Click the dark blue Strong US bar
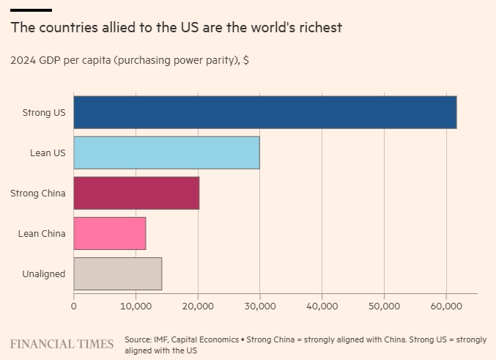coord(265,112)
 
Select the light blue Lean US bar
coord(166,153)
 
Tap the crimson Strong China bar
coord(136,193)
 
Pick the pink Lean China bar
coord(110,233)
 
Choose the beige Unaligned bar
coord(118,273)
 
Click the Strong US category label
coord(43,113)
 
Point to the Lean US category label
coord(47,153)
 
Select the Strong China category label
coord(38,194)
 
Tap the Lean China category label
coord(42,234)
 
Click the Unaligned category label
coord(43,274)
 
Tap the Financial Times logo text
coord(62,344)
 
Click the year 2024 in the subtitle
coord(23,61)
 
